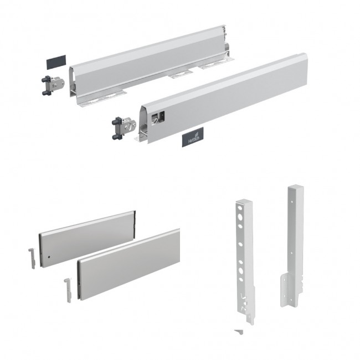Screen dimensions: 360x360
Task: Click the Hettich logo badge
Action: coord(193,137)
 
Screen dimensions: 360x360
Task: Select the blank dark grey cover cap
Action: coord(56,62)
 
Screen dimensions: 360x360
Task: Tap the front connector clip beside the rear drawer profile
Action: coord(53,85)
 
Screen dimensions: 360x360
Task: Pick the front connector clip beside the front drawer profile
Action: coord(124,128)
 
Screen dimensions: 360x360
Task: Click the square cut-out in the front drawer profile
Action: coord(158,117)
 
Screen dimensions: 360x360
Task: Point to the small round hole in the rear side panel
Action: coord(49,256)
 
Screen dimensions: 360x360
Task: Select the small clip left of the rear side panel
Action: coord(32,258)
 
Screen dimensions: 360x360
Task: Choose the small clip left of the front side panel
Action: coord(68,290)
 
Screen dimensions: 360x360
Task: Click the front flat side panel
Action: coord(128,265)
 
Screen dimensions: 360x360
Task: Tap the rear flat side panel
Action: coord(88,239)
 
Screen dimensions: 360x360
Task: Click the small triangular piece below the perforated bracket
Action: coord(239,332)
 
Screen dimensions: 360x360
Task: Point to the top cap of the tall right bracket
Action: coord(296,187)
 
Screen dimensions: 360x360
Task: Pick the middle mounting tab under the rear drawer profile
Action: coord(181,74)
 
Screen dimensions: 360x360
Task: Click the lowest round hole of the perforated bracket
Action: coord(241,280)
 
